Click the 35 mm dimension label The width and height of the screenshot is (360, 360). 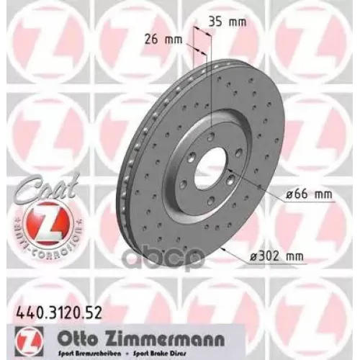point(228,22)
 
